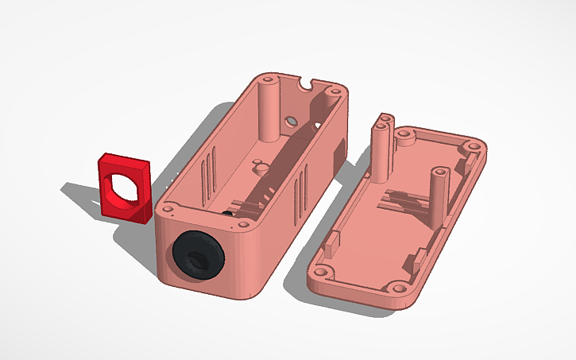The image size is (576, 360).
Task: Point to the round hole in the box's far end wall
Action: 291,121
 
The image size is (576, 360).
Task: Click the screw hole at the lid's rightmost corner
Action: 474,148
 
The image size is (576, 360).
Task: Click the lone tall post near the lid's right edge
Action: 437,191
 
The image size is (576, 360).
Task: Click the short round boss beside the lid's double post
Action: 408,138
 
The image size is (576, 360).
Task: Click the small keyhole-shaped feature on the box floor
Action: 258,167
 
